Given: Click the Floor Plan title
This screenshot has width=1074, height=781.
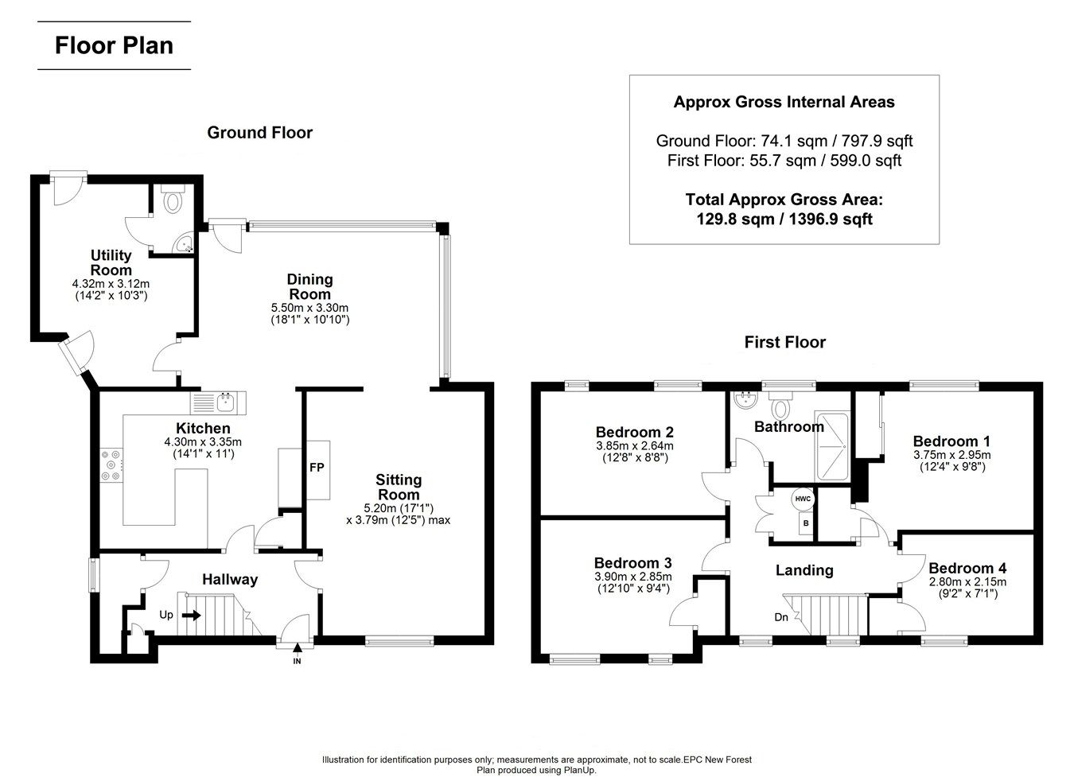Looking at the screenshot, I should point(114,45).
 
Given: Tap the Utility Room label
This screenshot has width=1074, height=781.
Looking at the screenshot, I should point(111,262).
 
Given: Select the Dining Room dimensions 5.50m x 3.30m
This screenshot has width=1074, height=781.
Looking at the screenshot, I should point(310,307).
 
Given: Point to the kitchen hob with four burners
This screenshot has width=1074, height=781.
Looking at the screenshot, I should point(111,465).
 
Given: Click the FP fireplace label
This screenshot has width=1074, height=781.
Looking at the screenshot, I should point(317,468).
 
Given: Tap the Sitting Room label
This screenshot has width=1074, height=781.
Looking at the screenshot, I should point(399,487).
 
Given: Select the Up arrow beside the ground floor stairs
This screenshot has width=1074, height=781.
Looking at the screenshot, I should point(191,615).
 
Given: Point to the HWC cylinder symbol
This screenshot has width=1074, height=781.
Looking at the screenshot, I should point(803,499).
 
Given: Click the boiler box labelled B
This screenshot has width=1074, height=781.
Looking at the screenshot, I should point(805,524).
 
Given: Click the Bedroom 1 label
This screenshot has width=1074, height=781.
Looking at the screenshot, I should point(951,441).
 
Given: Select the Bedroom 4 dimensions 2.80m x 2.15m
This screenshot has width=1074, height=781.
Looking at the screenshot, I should point(967,582).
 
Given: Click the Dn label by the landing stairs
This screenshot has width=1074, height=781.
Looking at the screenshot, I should point(781,617).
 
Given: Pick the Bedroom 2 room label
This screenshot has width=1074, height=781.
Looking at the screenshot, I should point(634,433).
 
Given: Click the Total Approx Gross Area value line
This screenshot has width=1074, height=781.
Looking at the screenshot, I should point(784,219).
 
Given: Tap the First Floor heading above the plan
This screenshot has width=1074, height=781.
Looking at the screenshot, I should point(784,342).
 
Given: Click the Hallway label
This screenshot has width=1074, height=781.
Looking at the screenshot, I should point(229,579).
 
